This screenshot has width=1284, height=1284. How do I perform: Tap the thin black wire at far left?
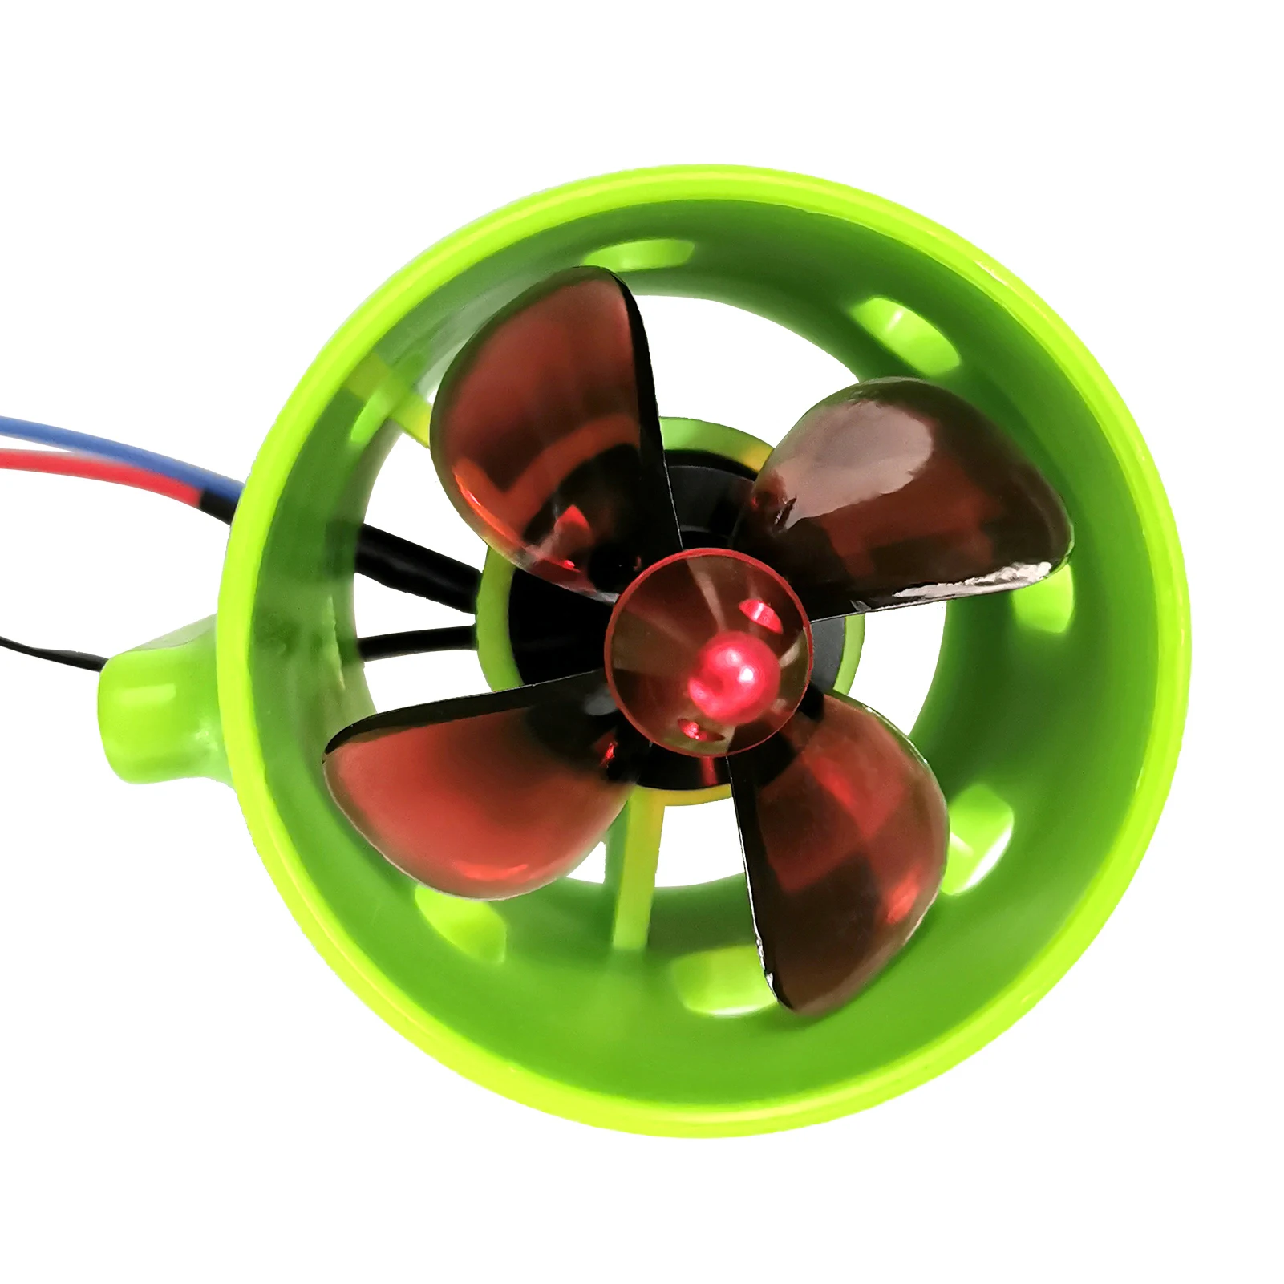point(48,650)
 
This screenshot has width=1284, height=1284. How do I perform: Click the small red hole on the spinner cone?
point(758,614)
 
